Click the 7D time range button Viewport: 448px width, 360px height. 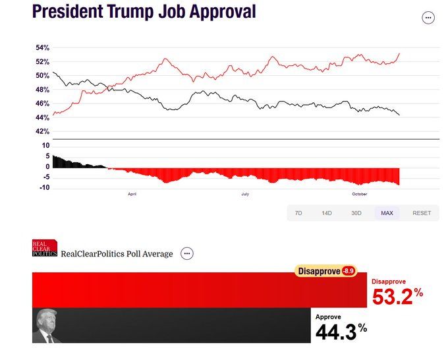coord(298,213)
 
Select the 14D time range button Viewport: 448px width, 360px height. coord(327,213)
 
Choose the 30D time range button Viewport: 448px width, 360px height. coord(356,213)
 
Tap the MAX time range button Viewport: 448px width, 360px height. coord(387,213)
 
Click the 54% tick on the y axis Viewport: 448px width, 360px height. coord(43,48)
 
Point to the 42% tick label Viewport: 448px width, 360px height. coord(43,132)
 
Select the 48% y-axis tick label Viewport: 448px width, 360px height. coord(43,90)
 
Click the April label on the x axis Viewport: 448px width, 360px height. coord(132,194)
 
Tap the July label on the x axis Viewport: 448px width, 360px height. coord(245,194)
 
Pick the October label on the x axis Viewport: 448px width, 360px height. coord(359,194)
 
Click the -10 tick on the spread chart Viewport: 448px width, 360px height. coord(45,188)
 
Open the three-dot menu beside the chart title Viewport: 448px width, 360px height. coord(428,18)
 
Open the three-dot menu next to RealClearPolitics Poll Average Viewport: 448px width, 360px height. coord(187,253)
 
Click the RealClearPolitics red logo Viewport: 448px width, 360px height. coord(45,249)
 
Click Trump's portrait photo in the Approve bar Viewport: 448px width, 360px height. coord(47,326)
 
